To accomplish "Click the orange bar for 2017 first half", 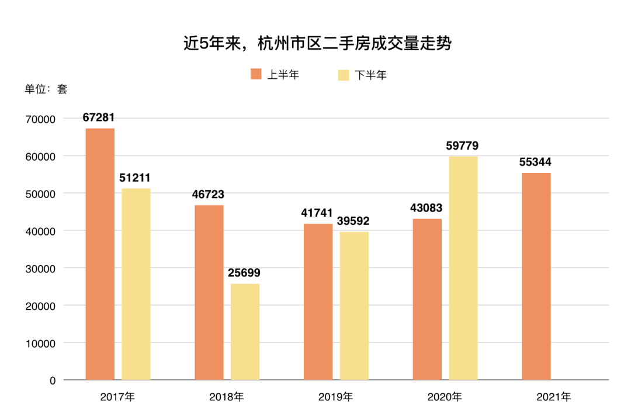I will click(x=100, y=254).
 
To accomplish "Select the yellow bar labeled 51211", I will click(x=136, y=284).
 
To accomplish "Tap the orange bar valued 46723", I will click(x=209, y=292).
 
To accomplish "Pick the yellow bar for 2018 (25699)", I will click(x=245, y=332).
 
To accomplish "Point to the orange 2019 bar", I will click(x=318, y=302).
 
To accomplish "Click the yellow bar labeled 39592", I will click(x=354, y=306).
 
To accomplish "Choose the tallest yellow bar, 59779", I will click(x=463, y=268).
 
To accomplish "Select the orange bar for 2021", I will click(x=536, y=276).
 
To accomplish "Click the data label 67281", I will click(x=99, y=117).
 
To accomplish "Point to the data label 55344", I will click(x=535, y=162).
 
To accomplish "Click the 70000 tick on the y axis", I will click(x=41, y=119).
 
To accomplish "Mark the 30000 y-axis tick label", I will click(x=41, y=268).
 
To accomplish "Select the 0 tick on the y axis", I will click(x=53, y=380).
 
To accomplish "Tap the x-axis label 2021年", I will click(x=554, y=397).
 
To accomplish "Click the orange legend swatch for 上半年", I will click(x=256, y=74).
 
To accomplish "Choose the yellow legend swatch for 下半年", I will click(x=344, y=75).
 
